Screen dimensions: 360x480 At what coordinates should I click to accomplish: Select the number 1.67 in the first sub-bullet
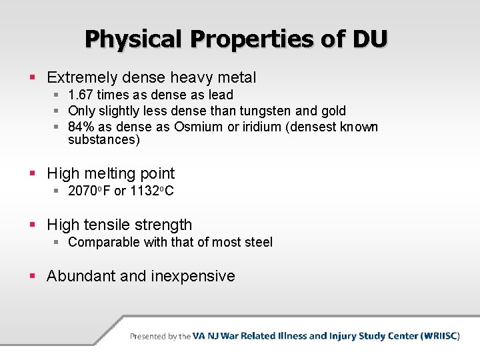[x=81, y=95]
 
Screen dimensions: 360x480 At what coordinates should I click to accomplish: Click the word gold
[x=333, y=111]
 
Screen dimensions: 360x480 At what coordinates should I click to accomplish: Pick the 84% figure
[x=81, y=127]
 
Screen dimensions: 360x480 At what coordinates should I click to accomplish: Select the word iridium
[x=252, y=127]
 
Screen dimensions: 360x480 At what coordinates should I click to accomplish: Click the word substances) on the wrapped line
[x=104, y=140]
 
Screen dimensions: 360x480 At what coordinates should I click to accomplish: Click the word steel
[x=257, y=242]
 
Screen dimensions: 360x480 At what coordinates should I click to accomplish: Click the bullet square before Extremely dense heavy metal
[x=33, y=79]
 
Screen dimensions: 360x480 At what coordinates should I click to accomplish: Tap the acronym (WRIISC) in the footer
[x=439, y=336]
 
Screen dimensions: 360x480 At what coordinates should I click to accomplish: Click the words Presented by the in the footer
[x=160, y=337]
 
